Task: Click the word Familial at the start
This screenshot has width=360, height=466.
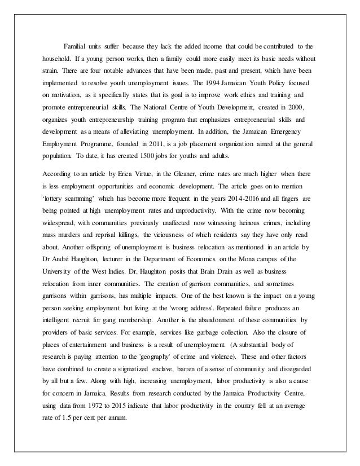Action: (74, 45)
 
